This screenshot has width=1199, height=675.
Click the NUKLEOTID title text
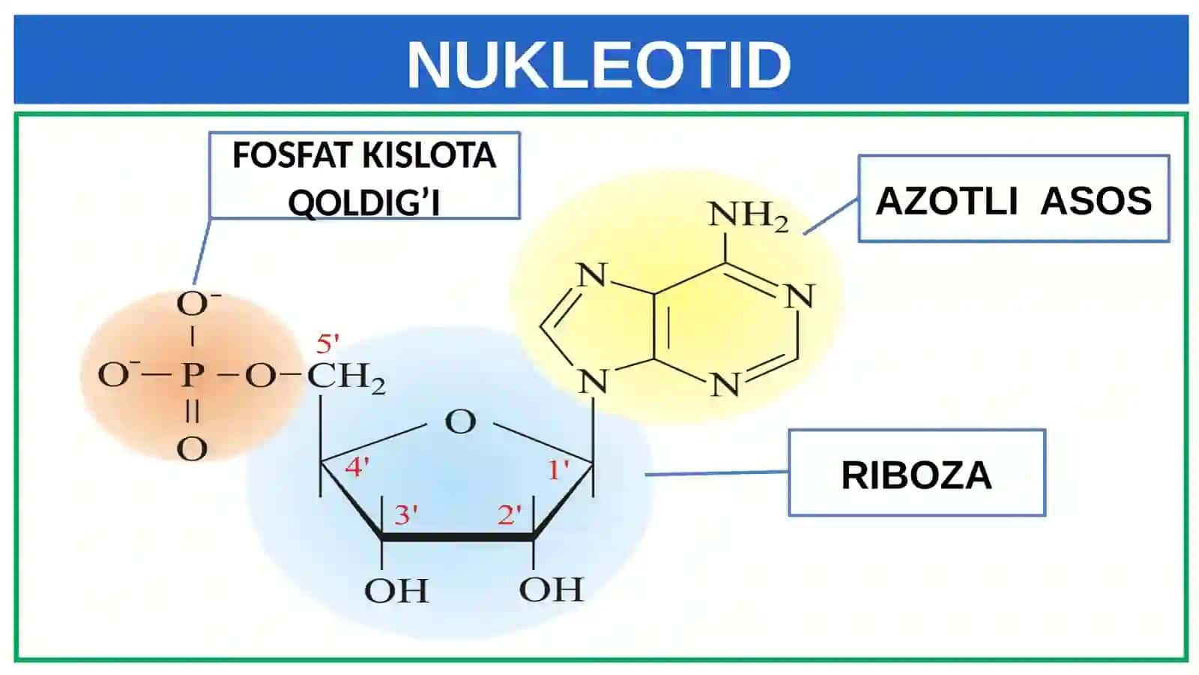pos(599,64)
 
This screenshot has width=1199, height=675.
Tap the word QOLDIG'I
pos(364,202)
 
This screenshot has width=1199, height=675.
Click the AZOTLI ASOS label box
pos(1014,199)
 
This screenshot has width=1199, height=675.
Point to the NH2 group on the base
pos(749,217)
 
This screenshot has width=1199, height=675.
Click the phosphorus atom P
pos(192,375)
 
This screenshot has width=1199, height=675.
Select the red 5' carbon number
pos(327,344)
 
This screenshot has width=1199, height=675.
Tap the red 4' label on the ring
pos(357,467)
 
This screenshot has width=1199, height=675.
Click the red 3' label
pos(405,514)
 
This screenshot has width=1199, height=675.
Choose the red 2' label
pos(509,514)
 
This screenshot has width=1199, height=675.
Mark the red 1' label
pos(559,470)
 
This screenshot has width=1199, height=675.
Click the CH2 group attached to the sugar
pos(345,378)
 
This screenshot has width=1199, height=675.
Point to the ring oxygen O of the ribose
pos(460,422)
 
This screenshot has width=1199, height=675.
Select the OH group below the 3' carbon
pos(396,591)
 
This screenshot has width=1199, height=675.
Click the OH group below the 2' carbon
pos(552,589)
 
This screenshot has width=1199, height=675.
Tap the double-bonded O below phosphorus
pos(192,449)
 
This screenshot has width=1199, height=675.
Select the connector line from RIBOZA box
pos(716,473)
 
